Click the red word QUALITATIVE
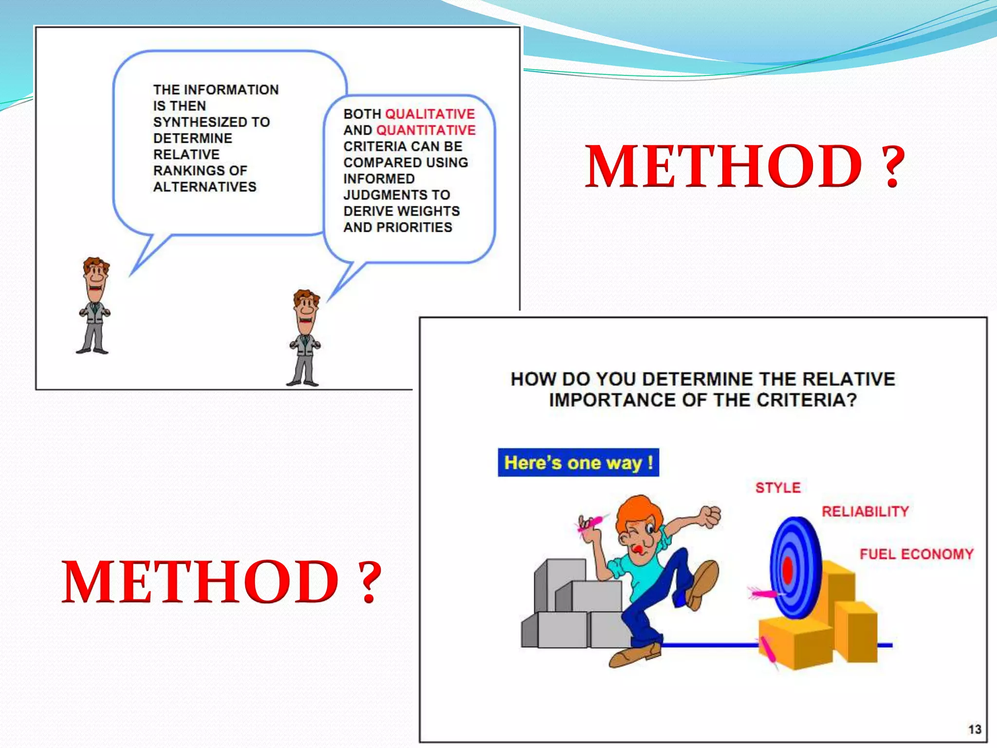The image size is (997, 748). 430,114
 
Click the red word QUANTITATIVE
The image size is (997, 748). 426,130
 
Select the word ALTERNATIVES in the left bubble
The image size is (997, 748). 204,187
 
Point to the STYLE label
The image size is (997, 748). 777,487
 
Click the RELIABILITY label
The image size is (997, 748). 865,511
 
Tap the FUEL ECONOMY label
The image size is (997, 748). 916,554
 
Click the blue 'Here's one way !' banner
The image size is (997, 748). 578,462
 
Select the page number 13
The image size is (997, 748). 975,729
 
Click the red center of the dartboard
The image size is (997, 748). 787,569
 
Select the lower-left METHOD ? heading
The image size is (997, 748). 222,581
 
